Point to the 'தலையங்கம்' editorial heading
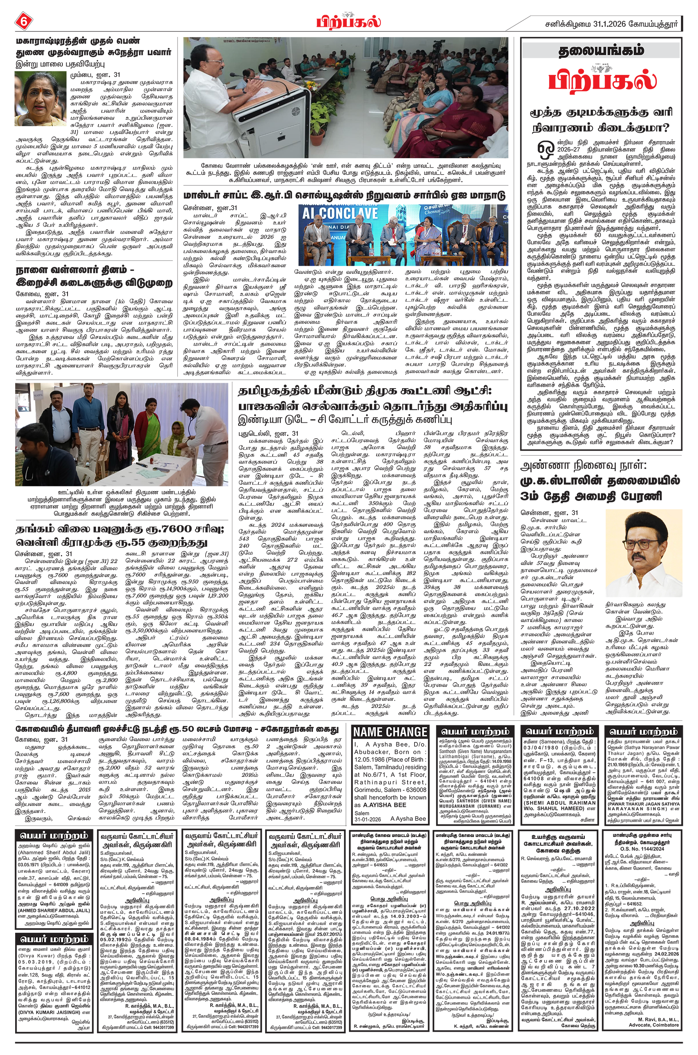click(601, 51)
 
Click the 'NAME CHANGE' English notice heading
click(390, 732)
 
